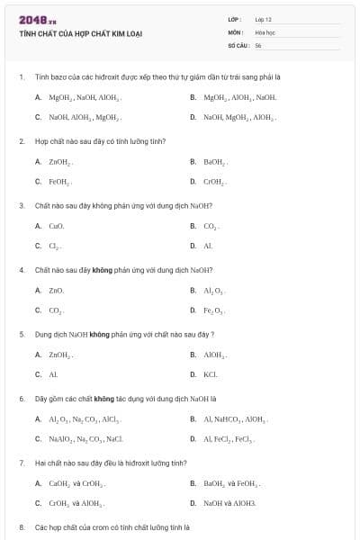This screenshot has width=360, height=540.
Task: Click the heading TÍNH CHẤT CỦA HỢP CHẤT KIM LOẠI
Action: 80,33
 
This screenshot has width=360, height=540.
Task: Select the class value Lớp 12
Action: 263,18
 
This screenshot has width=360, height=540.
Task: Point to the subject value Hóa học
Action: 265,31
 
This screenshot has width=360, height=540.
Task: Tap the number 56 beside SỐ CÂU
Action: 258,43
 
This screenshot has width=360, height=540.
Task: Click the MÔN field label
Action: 236,31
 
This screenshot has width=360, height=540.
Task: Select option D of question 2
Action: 213,181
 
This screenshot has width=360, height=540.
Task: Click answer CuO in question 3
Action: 57,226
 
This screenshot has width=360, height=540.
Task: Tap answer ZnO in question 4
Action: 57,290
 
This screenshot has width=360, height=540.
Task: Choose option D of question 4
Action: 213,310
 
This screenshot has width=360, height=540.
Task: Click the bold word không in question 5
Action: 99,334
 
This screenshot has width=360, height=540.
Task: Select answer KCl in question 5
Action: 211,373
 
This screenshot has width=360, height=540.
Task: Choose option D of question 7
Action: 229,502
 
